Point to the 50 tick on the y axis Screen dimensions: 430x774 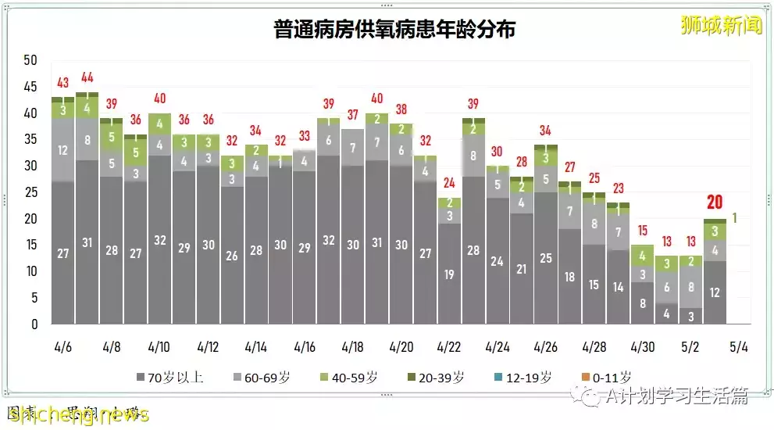[31, 60]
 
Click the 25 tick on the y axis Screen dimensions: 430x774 [31, 192]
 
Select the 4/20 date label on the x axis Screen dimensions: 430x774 [401, 346]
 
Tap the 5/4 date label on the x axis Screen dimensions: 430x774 [738, 346]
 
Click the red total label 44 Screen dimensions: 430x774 [87, 77]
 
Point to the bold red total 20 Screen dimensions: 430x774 [714, 202]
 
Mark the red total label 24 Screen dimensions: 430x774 [449, 183]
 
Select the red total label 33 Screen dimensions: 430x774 [305, 135]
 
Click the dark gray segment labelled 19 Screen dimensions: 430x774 [449, 274]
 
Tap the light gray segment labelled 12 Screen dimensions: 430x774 [62, 150]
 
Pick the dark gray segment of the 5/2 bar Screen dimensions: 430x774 [690, 316]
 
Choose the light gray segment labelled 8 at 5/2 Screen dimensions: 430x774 [690, 287]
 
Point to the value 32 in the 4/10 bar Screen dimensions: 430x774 [159, 240]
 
